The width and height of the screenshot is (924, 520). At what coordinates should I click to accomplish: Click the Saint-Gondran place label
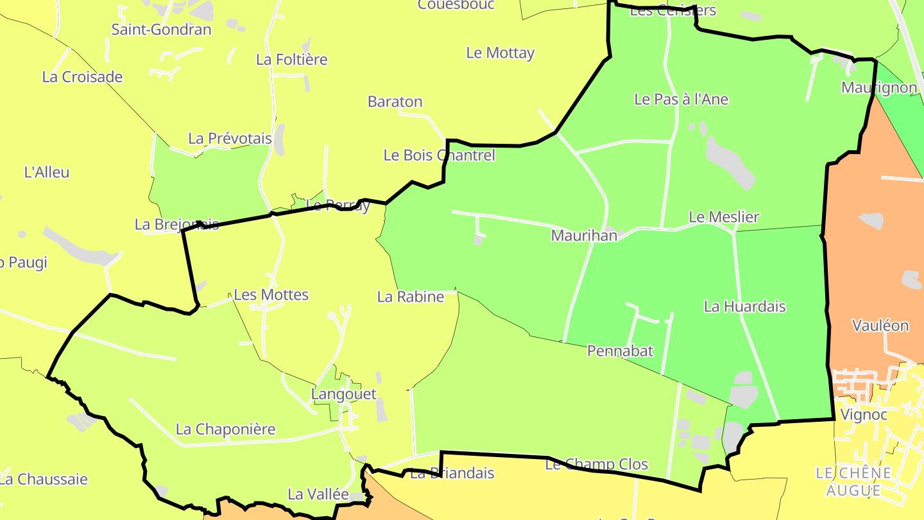pyautogui.click(x=161, y=30)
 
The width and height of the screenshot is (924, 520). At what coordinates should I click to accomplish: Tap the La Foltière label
pyautogui.click(x=292, y=60)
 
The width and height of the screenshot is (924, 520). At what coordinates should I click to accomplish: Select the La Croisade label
pyautogui.click(x=82, y=77)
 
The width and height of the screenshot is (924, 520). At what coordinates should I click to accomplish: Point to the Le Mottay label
pyautogui.click(x=501, y=53)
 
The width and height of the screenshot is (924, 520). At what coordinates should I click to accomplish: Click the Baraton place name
pyautogui.click(x=395, y=101)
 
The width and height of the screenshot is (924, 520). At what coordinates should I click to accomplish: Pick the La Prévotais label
pyautogui.click(x=230, y=139)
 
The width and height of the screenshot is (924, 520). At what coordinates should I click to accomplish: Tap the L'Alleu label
pyautogui.click(x=46, y=172)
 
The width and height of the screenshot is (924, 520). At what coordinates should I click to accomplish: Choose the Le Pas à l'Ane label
pyautogui.click(x=681, y=100)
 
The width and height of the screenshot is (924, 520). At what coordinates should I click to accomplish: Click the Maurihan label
pyautogui.click(x=584, y=236)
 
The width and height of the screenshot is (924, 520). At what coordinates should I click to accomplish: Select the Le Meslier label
pyautogui.click(x=724, y=217)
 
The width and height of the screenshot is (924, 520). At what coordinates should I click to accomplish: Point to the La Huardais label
pyautogui.click(x=745, y=307)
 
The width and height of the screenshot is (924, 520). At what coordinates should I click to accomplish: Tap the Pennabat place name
pyautogui.click(x=620, y=351)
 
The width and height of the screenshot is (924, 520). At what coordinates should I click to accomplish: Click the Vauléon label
pyautogui.click(x=880, y=325)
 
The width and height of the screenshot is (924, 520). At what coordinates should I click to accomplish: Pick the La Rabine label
pyautogui.click(x=411, y=297)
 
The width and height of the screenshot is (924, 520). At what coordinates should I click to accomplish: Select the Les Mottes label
pyautogui.click(x=271, y=295)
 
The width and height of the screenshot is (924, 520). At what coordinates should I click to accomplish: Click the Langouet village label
pyautogui.click(x=344, y=394)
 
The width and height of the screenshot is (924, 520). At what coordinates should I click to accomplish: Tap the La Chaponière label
pyautogui.click(x=226, y=429)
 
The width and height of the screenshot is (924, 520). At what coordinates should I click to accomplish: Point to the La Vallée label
pyautogui.click(x=318, y=494)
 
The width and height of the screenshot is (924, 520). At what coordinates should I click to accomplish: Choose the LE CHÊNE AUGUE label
pyautogui.click(x=853, y=482)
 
